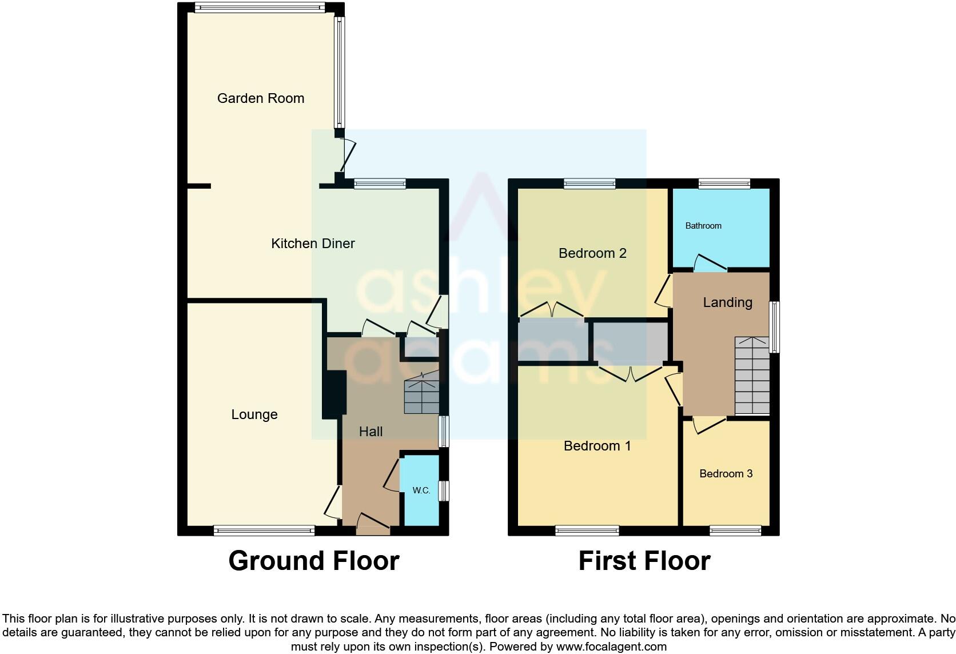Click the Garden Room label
(260, 98)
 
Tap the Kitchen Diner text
(313, 244)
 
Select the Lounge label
(254, 414)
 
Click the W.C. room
(421, 490)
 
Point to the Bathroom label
(703, 226)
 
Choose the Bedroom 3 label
(726, 473)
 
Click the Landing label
(727, 302)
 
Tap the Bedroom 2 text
(592, 253)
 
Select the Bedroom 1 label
(597, 446)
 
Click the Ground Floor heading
(313, 561)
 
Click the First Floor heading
(644, 561)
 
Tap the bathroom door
(710, 264)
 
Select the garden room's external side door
(346, 154)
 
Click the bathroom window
(724, 184)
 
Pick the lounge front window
(264, 531)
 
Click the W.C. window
(444, 491)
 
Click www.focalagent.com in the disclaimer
(611, 647)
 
